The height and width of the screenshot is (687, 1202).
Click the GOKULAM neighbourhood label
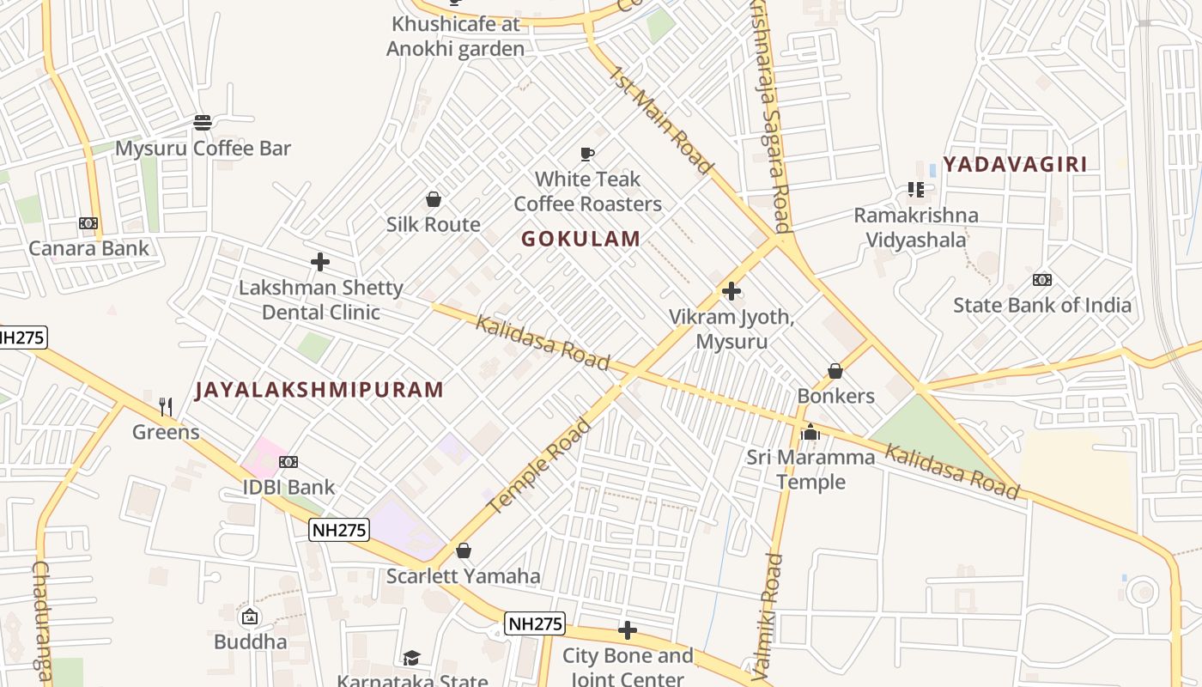coord(580,239)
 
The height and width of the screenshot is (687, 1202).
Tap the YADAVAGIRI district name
coord(1015,164)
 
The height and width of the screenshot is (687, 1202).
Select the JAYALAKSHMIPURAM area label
coord(319,390)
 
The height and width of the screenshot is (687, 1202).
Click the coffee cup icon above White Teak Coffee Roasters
coord(587,155)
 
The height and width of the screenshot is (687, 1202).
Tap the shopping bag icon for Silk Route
coord(434,199)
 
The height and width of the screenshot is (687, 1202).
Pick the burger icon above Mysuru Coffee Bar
coord(203,123)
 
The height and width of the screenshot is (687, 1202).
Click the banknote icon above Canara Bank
coord(88,223)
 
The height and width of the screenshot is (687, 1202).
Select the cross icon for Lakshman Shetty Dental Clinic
coord(320,262)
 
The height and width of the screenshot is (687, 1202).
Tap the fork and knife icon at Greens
coord(166,407)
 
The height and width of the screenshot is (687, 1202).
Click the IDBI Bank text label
coord(288,487)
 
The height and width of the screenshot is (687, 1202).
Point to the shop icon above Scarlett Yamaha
coord(464,550)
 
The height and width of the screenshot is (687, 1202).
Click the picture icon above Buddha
coord(250,617)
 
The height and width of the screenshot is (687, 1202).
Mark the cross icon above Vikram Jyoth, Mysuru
coord(732,292)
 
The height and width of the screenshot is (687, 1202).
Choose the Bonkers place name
coord(835,396)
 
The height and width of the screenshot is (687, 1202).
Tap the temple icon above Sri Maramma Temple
coord(810,433)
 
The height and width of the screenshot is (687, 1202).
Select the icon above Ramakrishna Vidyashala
coord(915,190)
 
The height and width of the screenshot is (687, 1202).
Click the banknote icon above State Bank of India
coord(1042,280)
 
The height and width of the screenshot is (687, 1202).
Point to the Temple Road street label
coord(539,466)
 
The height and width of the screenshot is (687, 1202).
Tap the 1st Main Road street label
coord(661,119)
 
